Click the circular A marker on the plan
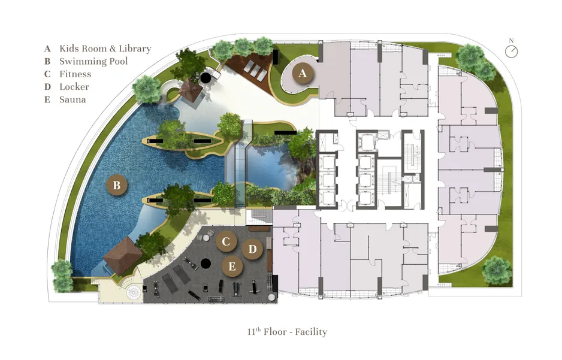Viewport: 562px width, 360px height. (x=303, y=73)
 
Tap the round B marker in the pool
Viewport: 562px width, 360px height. (x=117, y=185)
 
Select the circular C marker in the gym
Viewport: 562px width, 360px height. (x=226, y=241)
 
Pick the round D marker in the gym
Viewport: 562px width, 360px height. (x=252, y=249)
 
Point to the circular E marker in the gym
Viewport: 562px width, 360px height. (x=232, y=266)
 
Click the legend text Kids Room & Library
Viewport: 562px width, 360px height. (x=105, y=49)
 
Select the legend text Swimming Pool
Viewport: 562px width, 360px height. (x=93, y=61)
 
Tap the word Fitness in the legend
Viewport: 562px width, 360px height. (x=75, y=74)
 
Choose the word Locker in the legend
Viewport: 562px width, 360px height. (x=74, y=87)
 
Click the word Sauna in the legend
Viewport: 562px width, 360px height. (x=72, y=99)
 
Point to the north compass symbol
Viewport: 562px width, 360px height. (x=512, y=50)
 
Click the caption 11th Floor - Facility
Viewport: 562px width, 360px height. (x=287, y=332)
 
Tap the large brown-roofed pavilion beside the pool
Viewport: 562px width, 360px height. (x=123, y=255)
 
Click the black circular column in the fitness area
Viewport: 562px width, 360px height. (x=206, y=264)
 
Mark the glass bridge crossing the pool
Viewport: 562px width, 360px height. (x=240, y=164)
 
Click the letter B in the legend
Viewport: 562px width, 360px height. (x=47, y=61)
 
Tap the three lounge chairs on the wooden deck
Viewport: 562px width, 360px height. (x=255, y=71)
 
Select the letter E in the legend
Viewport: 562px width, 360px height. (x=47, y=99)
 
